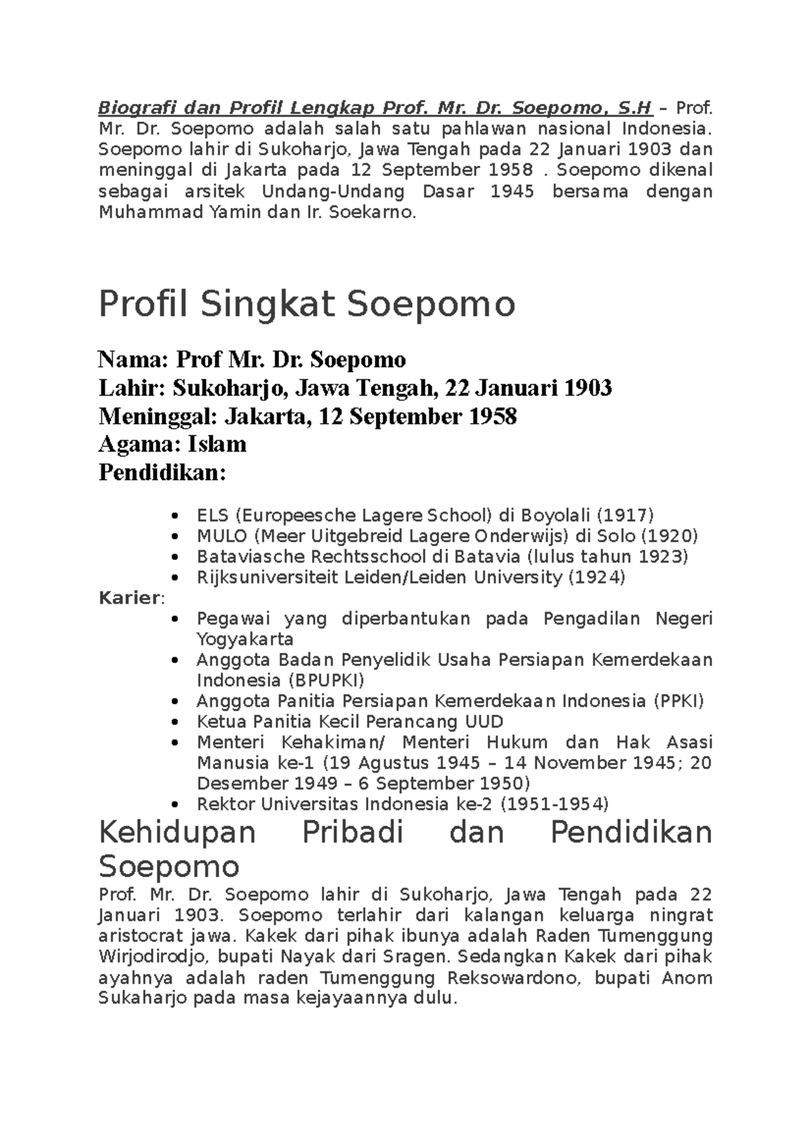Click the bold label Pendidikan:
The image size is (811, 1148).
(162, 473)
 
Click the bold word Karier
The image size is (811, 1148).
(129, 598)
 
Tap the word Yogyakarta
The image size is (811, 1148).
(245, 640)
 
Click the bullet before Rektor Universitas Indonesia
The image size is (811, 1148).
(176, 805)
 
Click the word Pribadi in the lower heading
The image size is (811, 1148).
(352, 833)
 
